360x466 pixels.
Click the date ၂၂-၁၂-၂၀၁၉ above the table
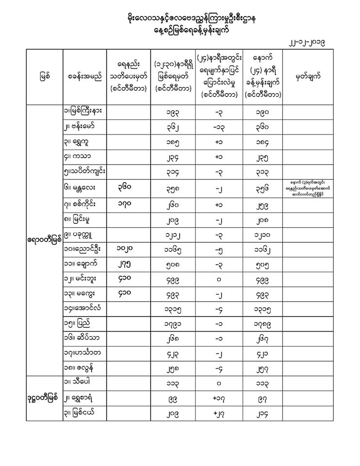(x=306, y=43)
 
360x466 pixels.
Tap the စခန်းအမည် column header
(x=84, y=76)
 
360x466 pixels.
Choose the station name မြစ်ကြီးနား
(x=86, y=111)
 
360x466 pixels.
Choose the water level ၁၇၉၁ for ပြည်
(x=174, y=322)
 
